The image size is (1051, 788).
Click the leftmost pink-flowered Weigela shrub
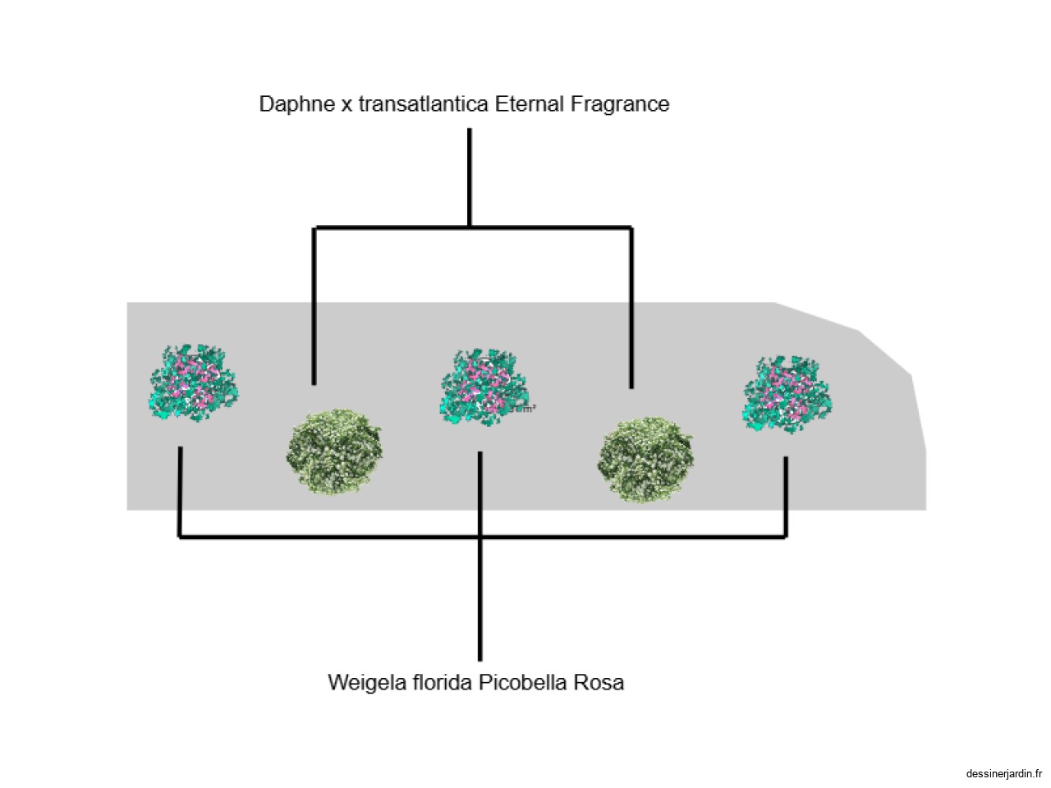[x=194, y=383]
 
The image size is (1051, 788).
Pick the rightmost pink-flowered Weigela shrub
[x=787, y=394]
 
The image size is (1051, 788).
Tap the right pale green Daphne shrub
[x=646, y=460]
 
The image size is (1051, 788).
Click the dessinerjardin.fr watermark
[x=1003, y=773]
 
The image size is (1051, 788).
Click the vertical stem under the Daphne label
[x=470, y=176]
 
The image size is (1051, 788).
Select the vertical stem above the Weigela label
[x=480, y=599]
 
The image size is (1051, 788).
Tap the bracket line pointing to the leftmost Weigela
[x=180, y=492]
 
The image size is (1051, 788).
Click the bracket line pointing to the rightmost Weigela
[x=786, y=497]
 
